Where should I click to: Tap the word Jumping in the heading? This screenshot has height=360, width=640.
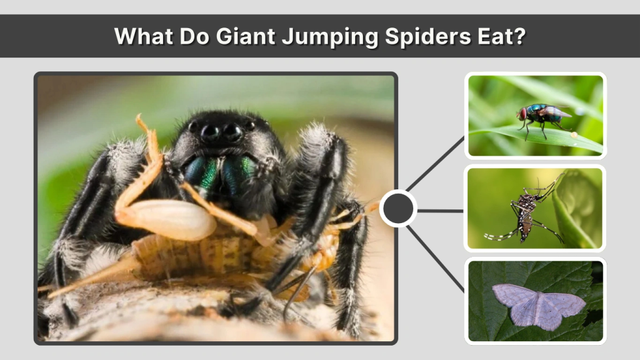[329, 36]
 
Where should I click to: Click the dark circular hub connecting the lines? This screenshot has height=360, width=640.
[398, 209]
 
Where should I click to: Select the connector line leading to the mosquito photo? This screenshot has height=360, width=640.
[441, 211]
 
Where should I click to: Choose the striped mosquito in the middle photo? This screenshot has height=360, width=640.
[525, 212]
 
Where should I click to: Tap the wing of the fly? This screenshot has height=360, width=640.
[556, 112]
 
